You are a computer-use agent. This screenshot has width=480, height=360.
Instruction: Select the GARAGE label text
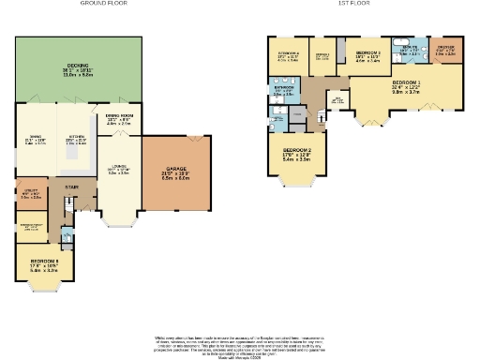176,172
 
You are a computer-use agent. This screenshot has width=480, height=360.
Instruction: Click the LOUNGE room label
118,171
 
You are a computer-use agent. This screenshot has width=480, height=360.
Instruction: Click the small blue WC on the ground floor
67,234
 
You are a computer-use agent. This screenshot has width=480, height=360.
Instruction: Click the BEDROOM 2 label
296,154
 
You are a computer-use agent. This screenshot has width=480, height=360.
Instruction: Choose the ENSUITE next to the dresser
410,52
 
